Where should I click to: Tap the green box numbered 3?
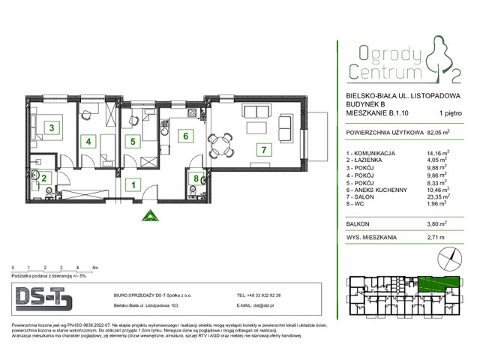click(x=52, y=128)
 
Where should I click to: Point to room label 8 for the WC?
click(x=196, y=178)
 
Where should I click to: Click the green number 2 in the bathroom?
click(x=44, y=178)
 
